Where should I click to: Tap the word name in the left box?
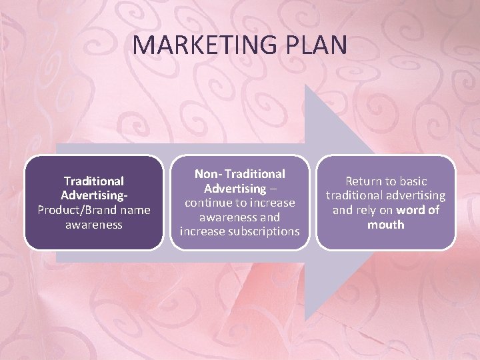pyautogui.click(x=135, y=210)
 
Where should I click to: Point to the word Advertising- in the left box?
pyautogui.click(x=94, y=195)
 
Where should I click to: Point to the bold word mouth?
pyautogui.click(x=385, y=225)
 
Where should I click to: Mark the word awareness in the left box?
pyautogui.click(x=94, y=225)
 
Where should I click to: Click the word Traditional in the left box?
pyautogui.click(x=94, y=181)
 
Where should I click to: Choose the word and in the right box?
pyautogui.click(x=343, y=210)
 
